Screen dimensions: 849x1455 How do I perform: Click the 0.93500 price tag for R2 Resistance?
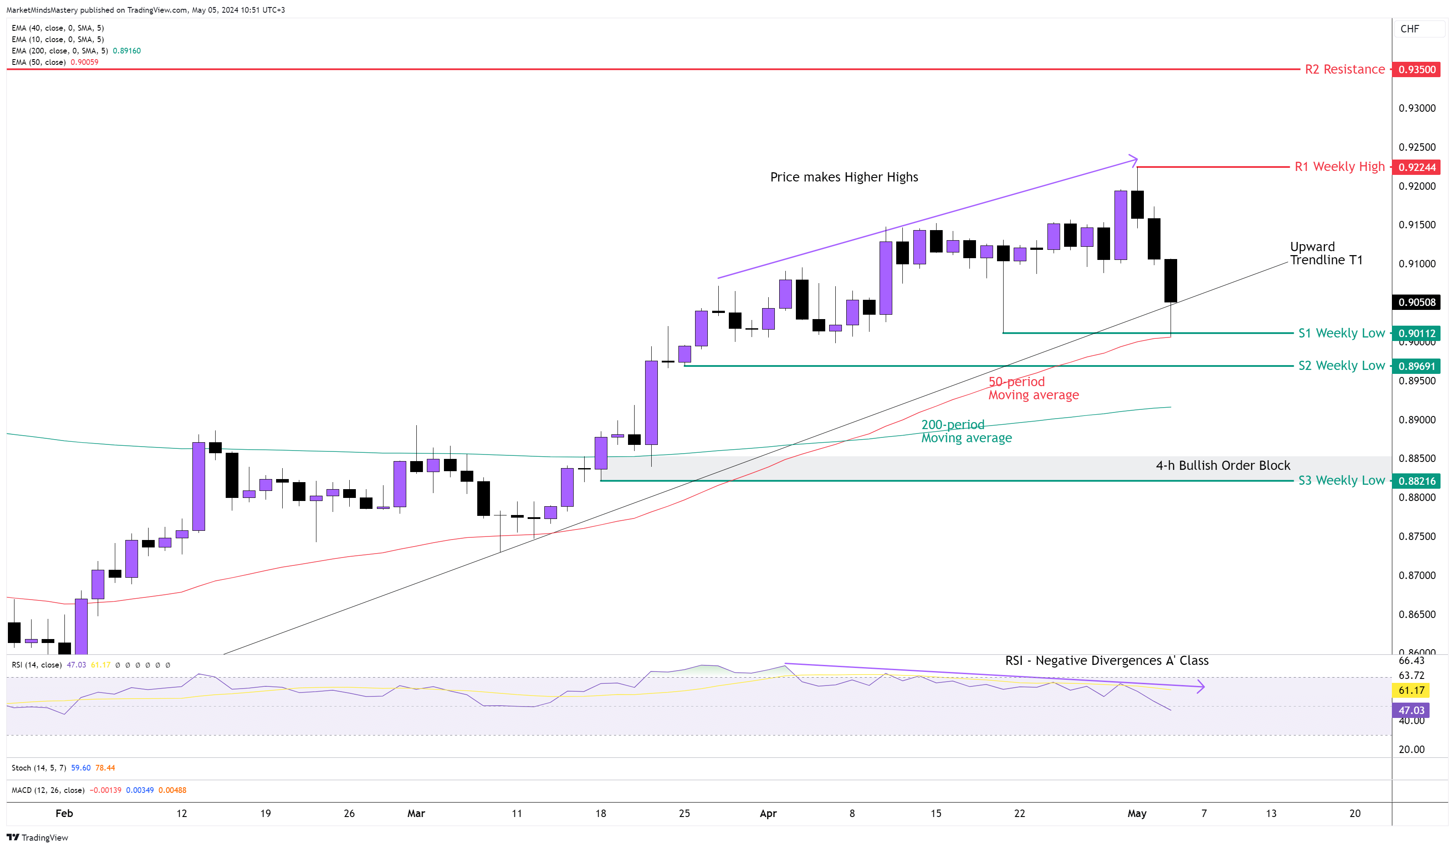[x=1417, y=69]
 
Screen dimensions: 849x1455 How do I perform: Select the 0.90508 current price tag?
[x=1417, y=302]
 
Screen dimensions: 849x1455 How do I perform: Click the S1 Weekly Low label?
[x=1341, y=333]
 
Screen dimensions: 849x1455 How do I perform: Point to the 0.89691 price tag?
[x=1417, y=366]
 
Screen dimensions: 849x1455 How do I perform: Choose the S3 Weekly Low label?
[x=1341, y=480]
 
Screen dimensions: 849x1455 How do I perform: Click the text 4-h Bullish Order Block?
[x=1222, y=465]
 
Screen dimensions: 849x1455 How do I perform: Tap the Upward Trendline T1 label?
[x=1326, y=253]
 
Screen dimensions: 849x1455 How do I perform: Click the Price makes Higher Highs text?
[x=844, y=178]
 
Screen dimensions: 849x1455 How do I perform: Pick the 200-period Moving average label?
[x=966, y=431]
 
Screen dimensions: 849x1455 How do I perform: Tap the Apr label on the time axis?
[x=768, y=814]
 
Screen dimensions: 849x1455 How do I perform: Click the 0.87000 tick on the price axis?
[x=1416, y=575]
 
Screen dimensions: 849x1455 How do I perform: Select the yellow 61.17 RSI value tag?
[x=1411, y=691]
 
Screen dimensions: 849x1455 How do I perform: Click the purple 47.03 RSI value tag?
[x=1411, y=710]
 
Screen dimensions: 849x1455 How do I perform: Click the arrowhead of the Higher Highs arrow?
[x=1135, y=159]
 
